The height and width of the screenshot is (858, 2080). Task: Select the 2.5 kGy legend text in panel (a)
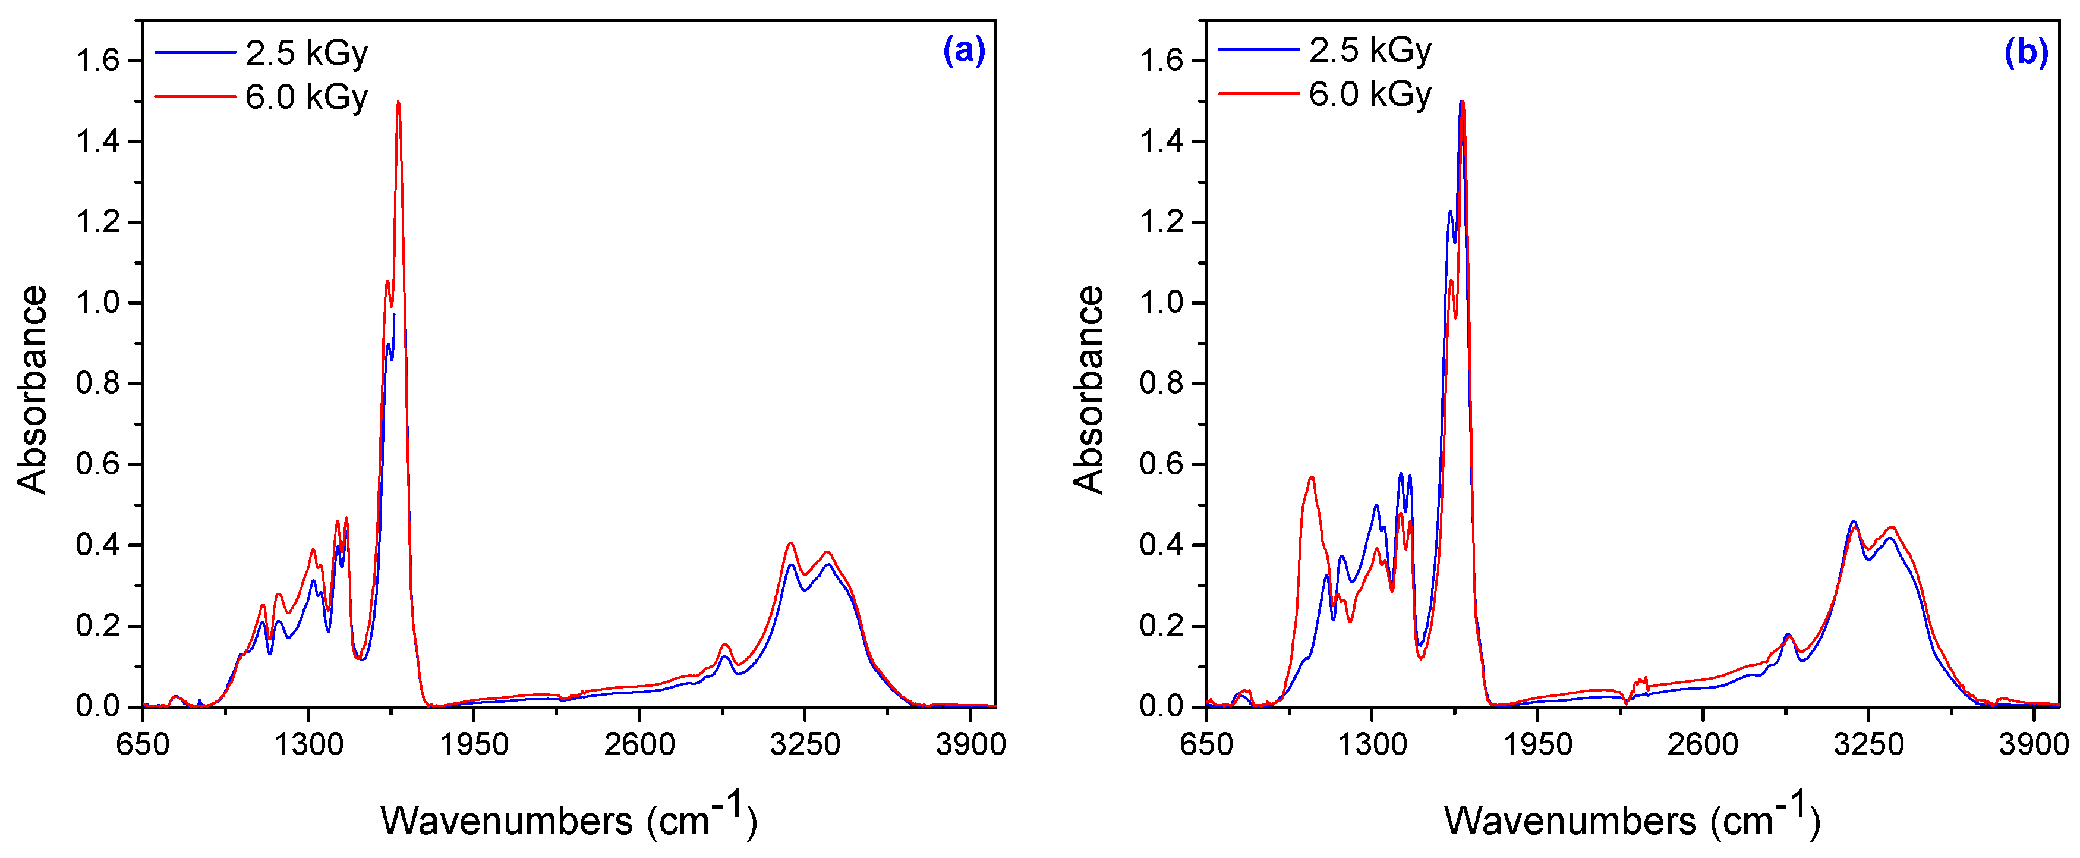[306, 54]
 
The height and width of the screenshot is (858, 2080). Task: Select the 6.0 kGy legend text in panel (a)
[306, 97]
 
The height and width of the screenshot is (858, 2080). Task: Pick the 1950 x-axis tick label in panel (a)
[474, 743]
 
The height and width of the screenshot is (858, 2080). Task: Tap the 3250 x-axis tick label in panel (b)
[1868, 743]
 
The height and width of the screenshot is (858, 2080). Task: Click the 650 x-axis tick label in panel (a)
[143, 743]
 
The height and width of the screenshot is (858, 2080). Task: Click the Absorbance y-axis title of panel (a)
[32, 389]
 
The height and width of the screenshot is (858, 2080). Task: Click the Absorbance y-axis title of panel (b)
[1089, 389]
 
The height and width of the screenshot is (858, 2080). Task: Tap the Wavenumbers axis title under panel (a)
[569, 820]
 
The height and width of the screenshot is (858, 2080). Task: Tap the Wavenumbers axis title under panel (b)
[1632, 820]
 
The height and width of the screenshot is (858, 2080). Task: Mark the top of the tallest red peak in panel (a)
[398, 103]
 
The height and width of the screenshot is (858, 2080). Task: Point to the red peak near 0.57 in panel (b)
[1312, 477]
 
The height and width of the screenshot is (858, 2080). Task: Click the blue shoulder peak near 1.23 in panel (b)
[1450, 212]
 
